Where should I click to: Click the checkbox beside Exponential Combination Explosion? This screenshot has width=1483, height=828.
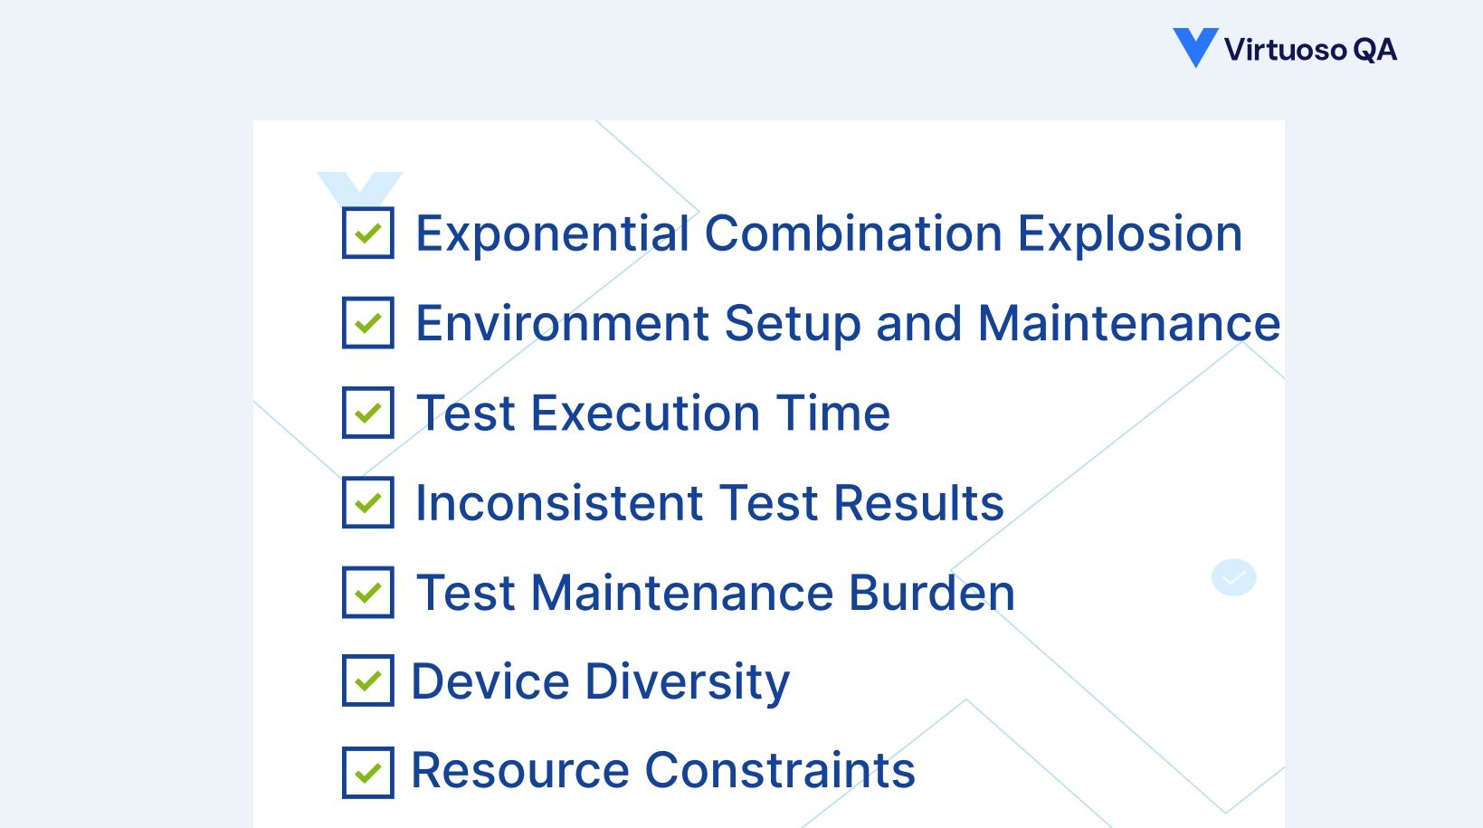pyautogui.click(x=368, y=233)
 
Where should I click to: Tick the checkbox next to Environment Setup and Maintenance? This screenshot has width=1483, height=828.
pyautogui.click(x=368, y=323)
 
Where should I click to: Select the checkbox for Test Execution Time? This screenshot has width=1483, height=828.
pyautogui.click(x=368, y=413)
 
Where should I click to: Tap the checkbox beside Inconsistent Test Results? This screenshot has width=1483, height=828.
pyautogui.click(x=368, y=502)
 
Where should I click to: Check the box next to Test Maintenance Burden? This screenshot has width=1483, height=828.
pyautogui.click(x=368, y=593)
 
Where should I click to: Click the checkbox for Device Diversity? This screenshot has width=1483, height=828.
pyautogui.click(x=368, y=680)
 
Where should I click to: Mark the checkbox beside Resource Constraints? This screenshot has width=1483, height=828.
pyautogui.click(x=368, y=772)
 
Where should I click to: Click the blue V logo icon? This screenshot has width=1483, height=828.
pyautogui.click(x=1195, y=47)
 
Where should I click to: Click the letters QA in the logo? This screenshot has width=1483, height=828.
pyautogui.click(x=1375, y=50)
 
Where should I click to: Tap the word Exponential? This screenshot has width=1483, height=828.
pyautogui.click(x=553, y=234)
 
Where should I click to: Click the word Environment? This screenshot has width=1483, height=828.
pyautogui.click(x=562, y=324)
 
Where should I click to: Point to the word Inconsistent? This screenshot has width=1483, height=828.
pyautogui.click(x=559, y=503)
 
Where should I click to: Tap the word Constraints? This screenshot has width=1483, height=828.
pyautogui.click(x=780, y=771)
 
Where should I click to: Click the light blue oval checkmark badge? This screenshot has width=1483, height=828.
pyautogui.click(x=1233, y=577)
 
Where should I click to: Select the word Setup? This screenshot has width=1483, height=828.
pyautogui.click(x=792, y=324)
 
